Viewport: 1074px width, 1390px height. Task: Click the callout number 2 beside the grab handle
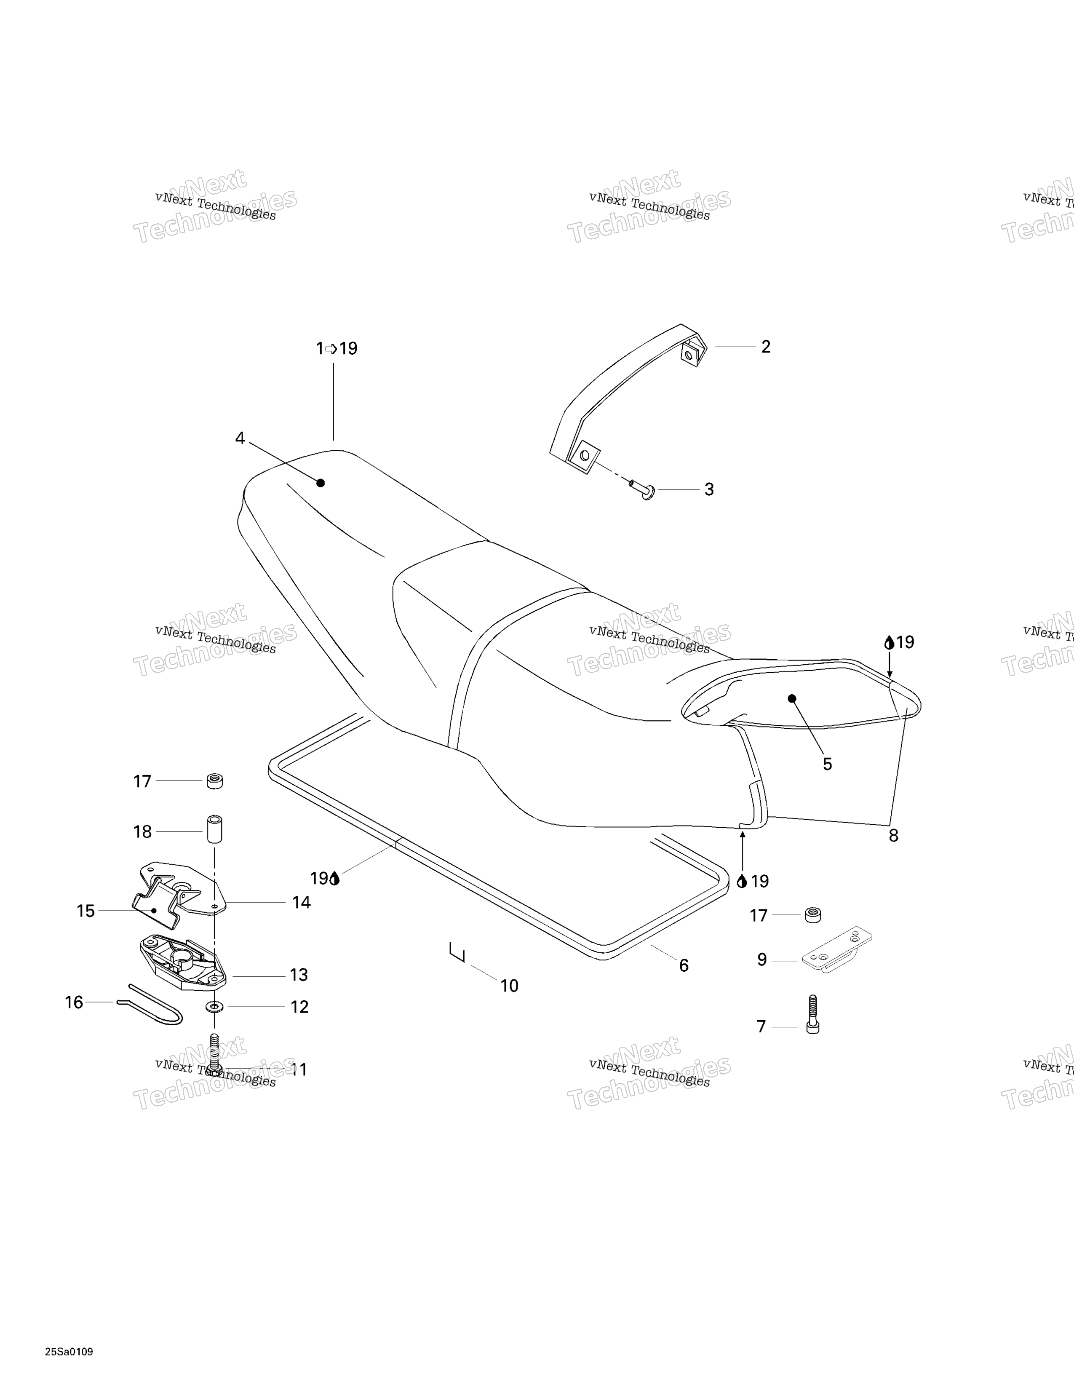click(x=766, y=347)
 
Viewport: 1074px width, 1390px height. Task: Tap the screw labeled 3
click(x=643, y=489)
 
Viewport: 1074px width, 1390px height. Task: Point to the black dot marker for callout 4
click(x=321, y=483)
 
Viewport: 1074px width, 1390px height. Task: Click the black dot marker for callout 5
click(x=792, y=698)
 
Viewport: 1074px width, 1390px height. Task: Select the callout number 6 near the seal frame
click(x=684, y=965)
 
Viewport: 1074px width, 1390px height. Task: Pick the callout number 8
click(x=893, y=836)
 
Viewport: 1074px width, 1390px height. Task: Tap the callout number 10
click(x=510, y=986)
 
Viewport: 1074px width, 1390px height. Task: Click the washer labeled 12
click(x=214, y=1007)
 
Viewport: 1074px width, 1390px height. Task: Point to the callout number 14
click(x=302, y=903)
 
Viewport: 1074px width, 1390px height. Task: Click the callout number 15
click(x=85, y=912)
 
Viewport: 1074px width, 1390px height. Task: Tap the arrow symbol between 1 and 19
click(x=331, y=349)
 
